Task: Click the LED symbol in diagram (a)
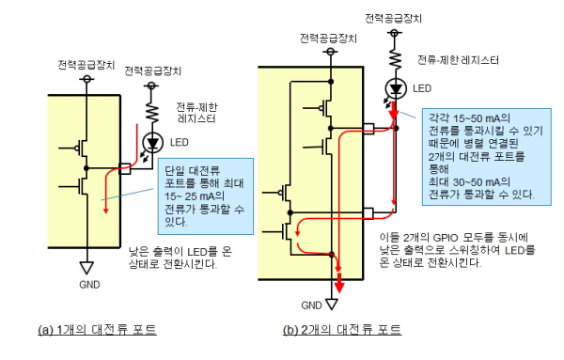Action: tap(153, 143)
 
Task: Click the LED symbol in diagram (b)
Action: tap(396, 88)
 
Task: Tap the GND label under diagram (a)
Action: tap(89, 285)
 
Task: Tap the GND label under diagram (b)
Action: tap(311, 305)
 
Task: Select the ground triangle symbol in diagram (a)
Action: tap(86, 268)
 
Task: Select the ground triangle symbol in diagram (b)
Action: tap(332, 304)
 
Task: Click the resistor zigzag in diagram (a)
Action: tap(152, 112)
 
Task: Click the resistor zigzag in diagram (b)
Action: tap(395, 58)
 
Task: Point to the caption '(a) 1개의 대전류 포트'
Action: tap(97, 330)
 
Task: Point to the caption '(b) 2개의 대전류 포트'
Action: tap(342, 330)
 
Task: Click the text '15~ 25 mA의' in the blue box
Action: tap(195, 196)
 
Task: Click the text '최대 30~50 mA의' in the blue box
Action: tap(469, 182)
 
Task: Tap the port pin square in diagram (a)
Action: tap(124, 168)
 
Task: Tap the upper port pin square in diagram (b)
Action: tap(368, 129)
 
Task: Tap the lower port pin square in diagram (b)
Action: tap(368, 213)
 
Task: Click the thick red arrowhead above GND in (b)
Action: tap(339, 287)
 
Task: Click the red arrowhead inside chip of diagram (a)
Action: tap(105, 210)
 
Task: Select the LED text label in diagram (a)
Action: tap(180, 143)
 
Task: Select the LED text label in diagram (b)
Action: tap(422, 88)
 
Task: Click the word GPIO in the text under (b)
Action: tap(446, 238)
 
